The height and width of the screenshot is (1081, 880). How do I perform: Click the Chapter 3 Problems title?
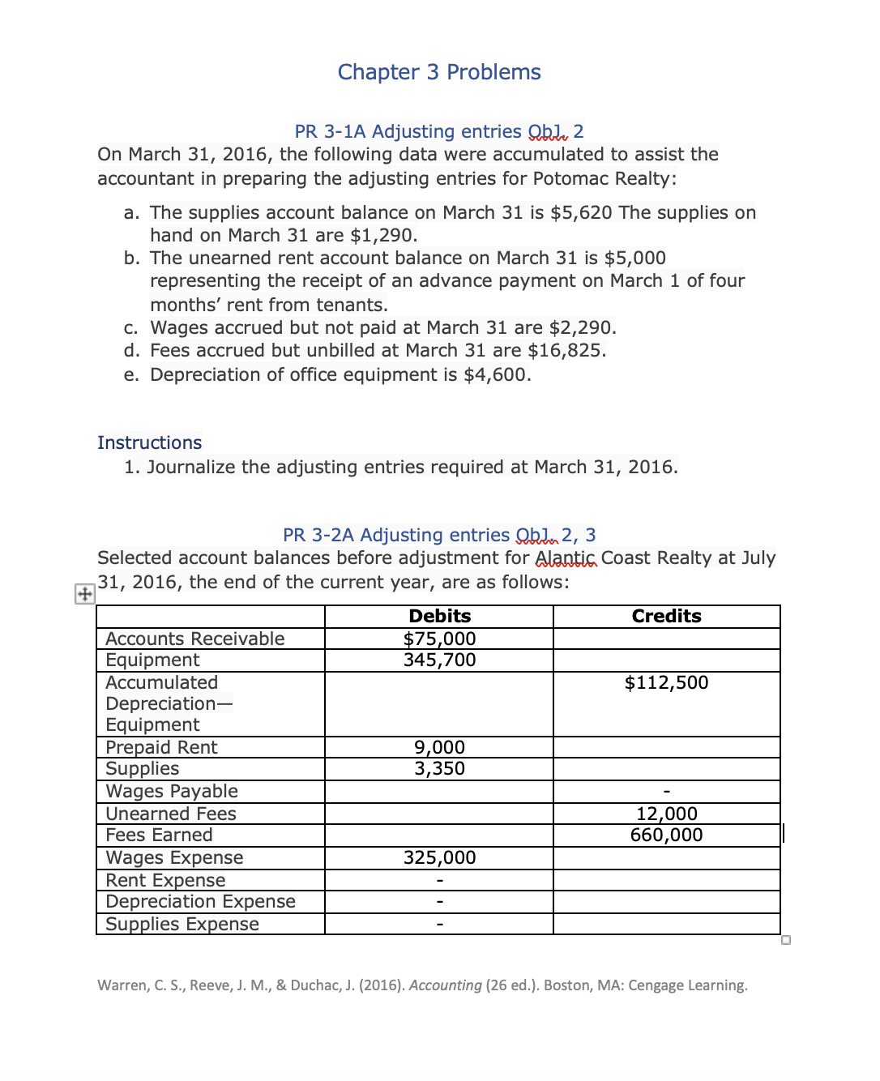coord(439,72)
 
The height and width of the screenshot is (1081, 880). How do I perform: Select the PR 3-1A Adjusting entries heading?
coord(438,131)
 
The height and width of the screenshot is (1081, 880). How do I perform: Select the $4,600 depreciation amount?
coord(497,374)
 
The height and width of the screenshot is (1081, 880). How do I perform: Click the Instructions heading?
coord(149,442)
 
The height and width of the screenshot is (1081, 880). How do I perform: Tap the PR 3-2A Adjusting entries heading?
coord(438,535)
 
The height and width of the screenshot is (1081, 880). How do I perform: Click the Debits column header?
coord(439,616)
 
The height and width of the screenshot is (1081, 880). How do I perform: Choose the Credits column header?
coord(666,616)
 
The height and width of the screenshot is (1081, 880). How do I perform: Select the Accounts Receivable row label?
coord(194,639)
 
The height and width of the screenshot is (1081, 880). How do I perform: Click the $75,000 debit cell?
coord(439,639)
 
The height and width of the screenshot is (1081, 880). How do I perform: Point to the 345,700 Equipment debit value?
coord(439,660)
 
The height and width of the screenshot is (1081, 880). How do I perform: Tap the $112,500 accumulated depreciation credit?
coord(666,682)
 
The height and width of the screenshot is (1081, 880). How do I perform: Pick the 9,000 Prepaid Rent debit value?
coord(439,747)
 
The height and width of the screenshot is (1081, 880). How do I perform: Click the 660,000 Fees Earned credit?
coord(666,835)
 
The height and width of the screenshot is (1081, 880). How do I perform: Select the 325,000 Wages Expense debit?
coord(439,857)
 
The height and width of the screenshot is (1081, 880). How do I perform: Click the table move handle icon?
coord(84,594)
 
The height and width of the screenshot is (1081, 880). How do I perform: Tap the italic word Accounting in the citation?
coord(445,985)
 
